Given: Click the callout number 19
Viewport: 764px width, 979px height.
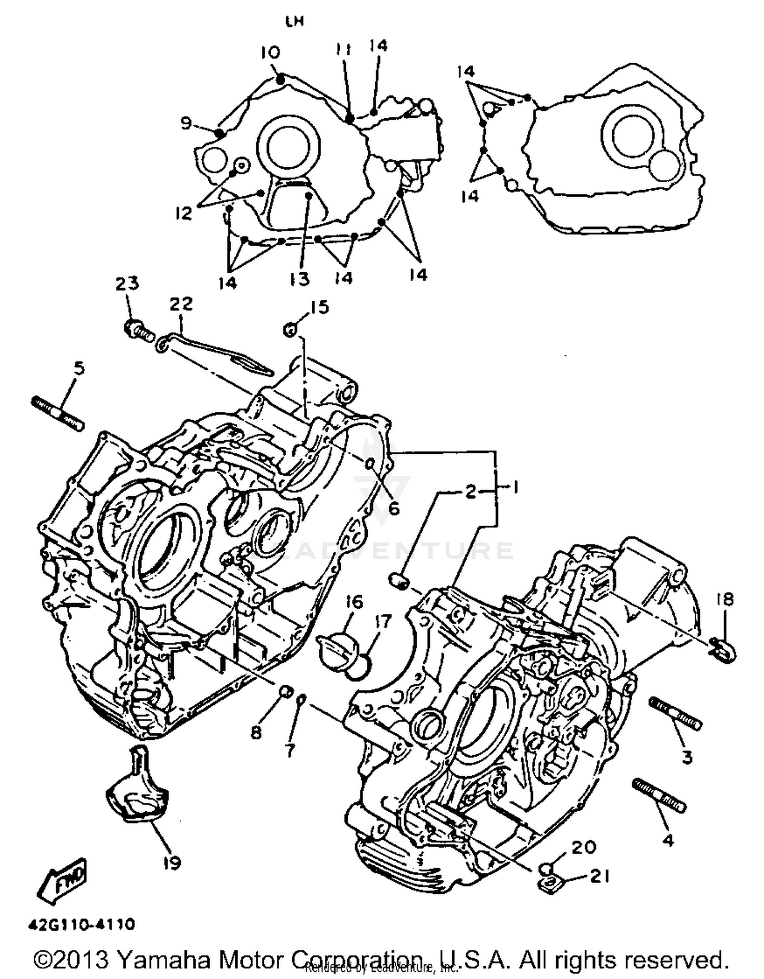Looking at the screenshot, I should click(x=172, y=863).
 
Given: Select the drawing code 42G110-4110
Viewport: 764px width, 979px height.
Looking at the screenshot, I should click(x=81, y=924).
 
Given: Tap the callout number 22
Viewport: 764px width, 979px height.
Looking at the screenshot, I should click(x=181, y=304).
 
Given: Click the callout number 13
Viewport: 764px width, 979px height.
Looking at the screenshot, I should click(x=301, y=279).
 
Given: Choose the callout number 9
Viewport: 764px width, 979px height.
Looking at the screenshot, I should click(x=186, y=123).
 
